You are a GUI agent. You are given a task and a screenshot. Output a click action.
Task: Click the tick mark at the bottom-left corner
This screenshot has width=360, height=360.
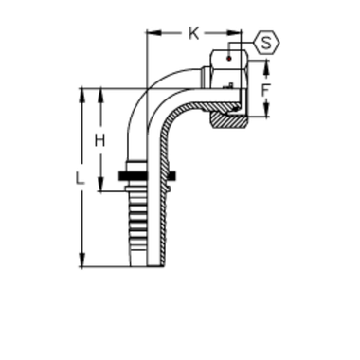[x=83, y=256]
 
